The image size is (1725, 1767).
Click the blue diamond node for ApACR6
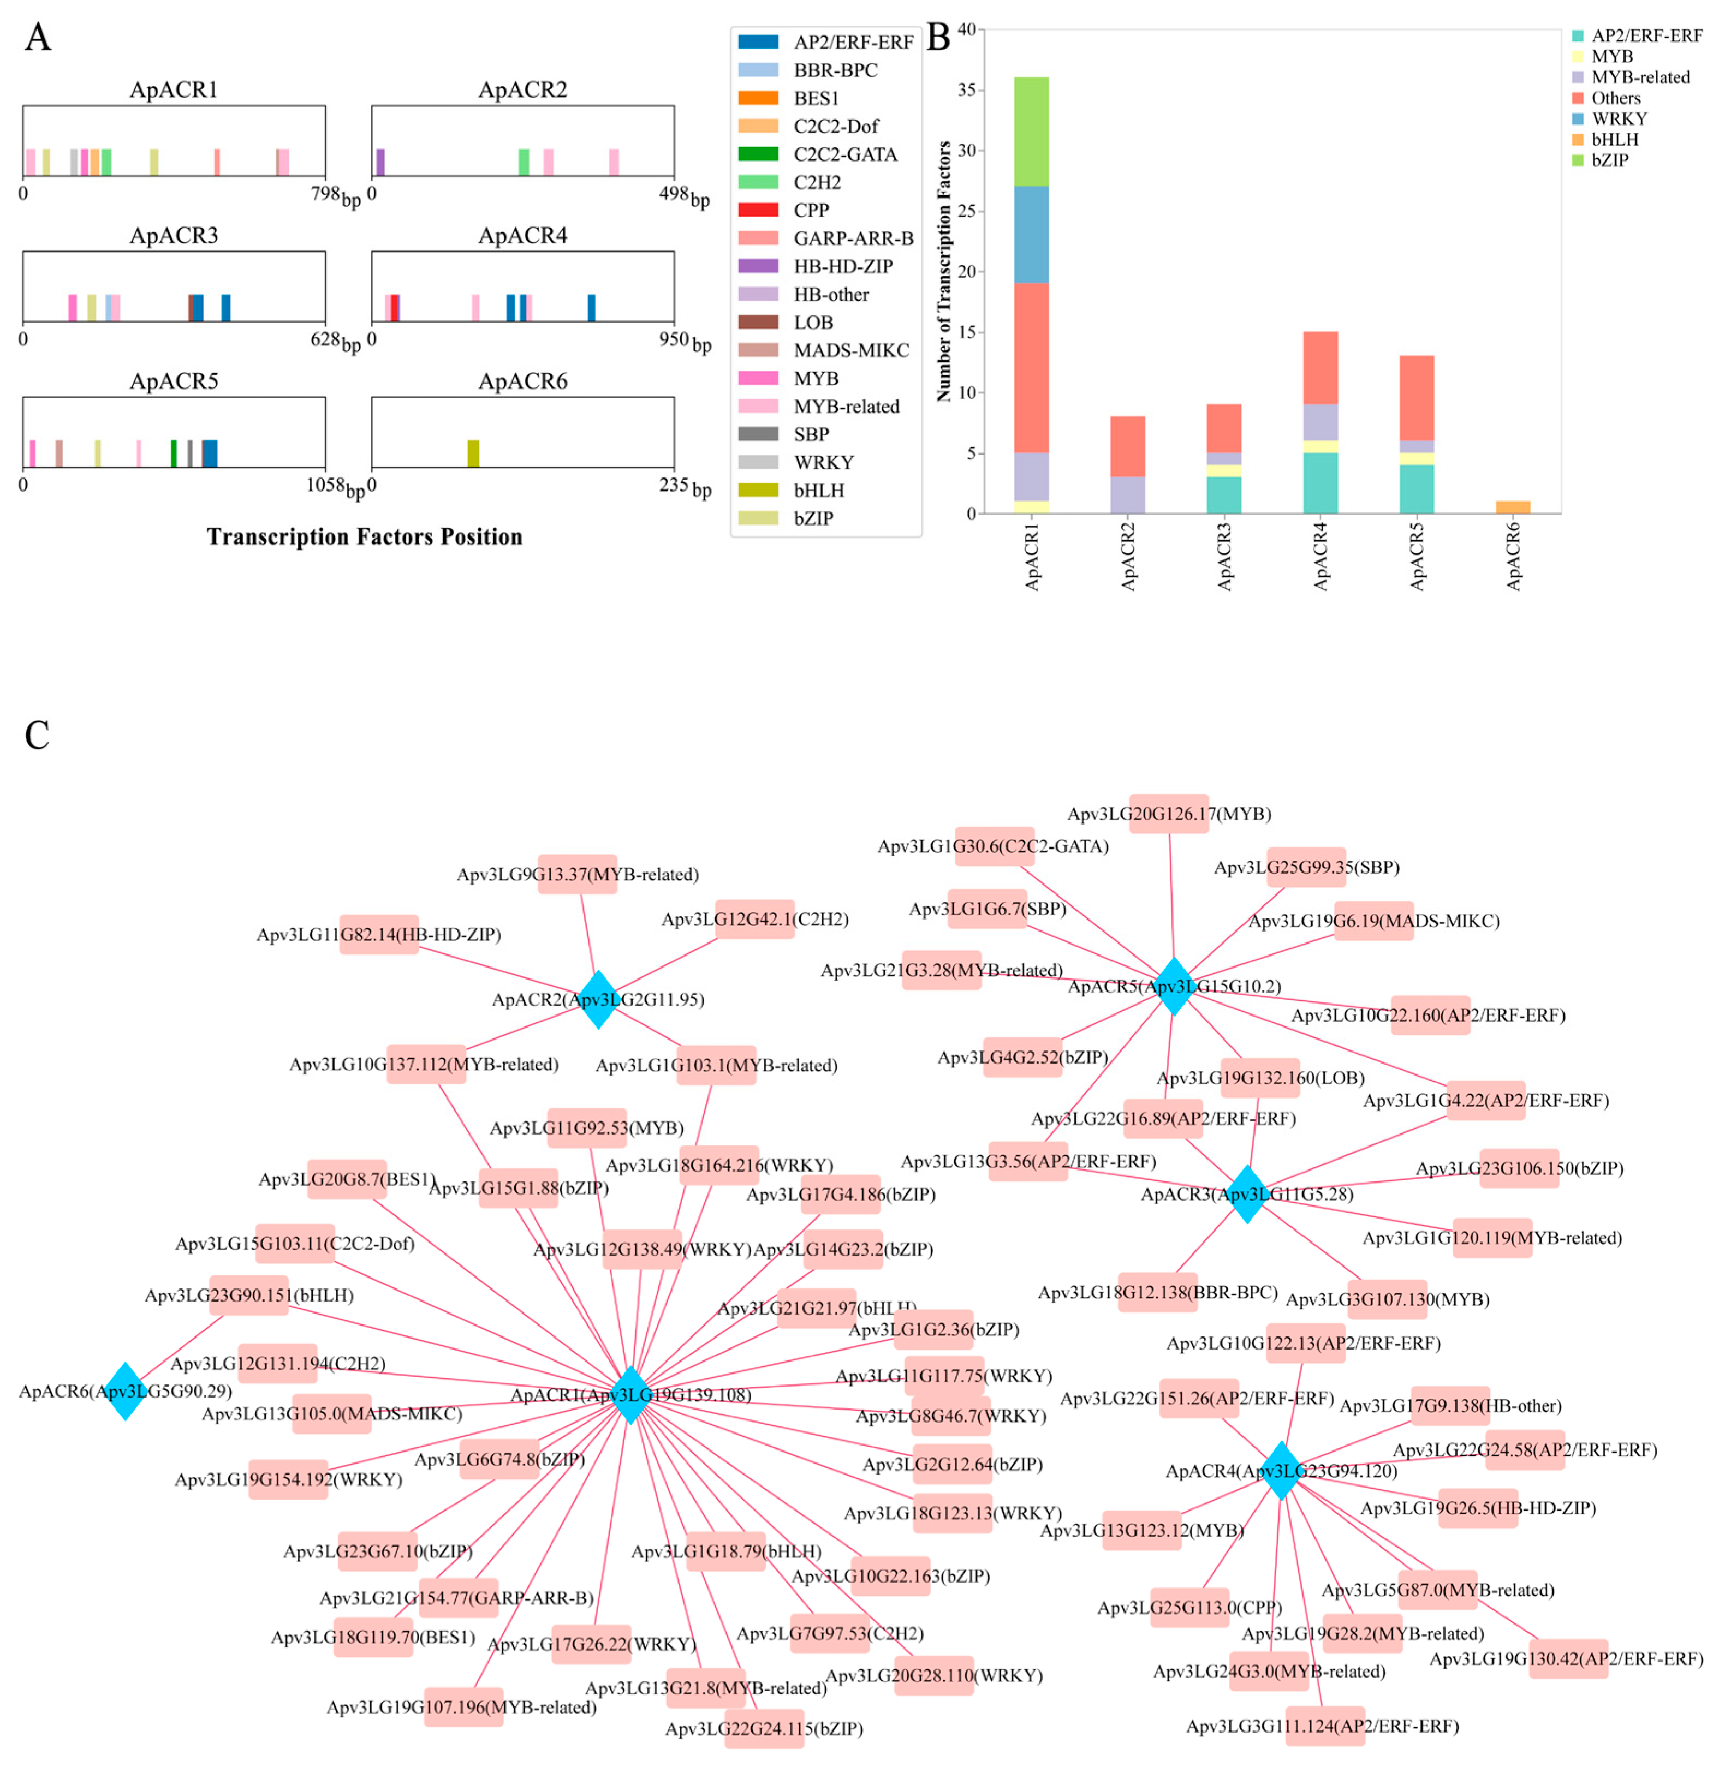coord(125,1390)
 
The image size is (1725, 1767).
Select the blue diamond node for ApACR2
coord(598,999)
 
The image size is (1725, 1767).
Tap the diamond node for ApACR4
coord(1280,1470)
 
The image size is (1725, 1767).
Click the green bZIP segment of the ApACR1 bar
coord(1031,132)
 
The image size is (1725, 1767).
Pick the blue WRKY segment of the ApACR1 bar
coord(1031,235)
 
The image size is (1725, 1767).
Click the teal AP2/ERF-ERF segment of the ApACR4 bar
coord(1320,483)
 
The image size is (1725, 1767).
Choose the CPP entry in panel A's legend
coord(811,210)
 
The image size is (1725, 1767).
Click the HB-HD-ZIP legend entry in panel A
coord(842,266)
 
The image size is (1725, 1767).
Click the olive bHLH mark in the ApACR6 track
coord(473,453)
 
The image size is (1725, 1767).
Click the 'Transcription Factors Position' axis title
coord(364,537)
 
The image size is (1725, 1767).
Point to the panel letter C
coord(37,736)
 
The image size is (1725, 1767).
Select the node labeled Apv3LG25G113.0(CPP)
coord(1189,1608)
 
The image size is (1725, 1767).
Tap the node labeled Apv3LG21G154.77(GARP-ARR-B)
coord(456,1598)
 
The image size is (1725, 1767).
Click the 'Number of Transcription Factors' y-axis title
coord(944,272)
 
